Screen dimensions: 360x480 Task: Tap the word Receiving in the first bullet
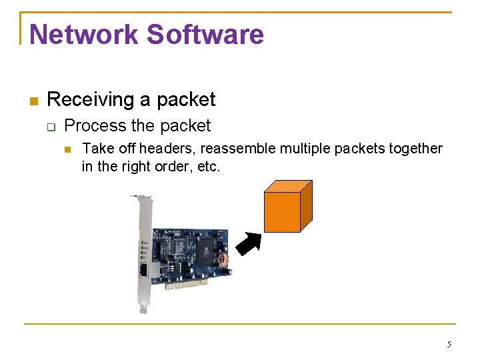90,100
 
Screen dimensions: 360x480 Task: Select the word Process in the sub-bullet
94,126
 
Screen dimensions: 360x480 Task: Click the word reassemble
235,148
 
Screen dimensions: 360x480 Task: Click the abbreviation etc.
209,167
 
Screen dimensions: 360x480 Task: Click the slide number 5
449,345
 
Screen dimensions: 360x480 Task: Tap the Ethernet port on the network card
145,269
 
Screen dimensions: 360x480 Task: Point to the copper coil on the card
223,261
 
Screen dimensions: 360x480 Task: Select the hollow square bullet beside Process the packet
51,127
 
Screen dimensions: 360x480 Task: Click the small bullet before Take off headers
68,149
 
